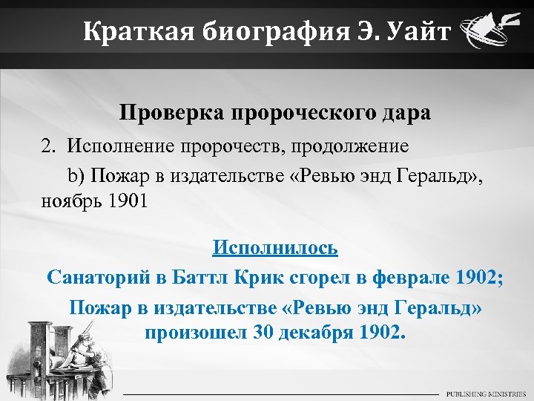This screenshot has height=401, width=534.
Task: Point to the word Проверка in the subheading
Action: pos(171,114)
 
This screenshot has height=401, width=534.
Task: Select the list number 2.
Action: pos(47,146)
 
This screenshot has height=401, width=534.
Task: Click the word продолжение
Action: pos(346,146)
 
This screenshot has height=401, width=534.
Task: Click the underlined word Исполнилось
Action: pos(274,247)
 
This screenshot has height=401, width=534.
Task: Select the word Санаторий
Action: pos(96,278)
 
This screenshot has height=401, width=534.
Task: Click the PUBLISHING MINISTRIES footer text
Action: pos(485,393)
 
